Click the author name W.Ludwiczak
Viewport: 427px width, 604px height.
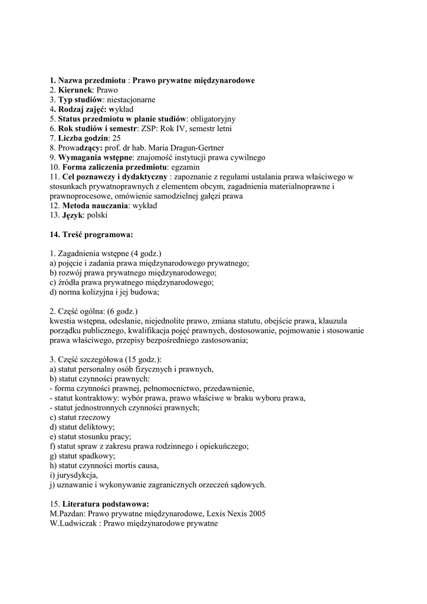pos(74,523)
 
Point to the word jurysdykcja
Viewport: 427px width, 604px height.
pos(77,475)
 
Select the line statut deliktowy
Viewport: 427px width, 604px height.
pos(83,427)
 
